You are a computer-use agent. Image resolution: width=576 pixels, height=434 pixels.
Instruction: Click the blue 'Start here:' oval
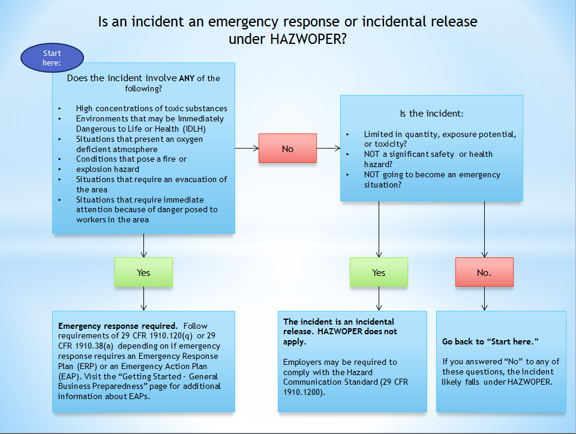(52, 58)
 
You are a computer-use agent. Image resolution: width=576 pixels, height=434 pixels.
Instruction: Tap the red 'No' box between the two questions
(287, 148)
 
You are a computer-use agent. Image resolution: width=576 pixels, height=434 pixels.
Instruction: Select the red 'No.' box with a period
(484, 272)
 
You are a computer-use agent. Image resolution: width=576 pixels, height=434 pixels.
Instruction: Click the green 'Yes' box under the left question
(143, 272)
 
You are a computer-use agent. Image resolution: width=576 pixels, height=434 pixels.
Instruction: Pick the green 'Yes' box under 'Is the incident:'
(379, 272)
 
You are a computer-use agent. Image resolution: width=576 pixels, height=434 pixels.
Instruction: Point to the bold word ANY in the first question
(186, 78)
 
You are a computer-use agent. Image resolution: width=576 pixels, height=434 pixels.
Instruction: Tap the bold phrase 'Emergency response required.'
(118, 325)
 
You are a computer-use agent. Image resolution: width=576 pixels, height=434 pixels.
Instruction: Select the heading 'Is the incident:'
(431, 113)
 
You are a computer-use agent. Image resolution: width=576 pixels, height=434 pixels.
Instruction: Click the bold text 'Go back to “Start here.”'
(490, 341)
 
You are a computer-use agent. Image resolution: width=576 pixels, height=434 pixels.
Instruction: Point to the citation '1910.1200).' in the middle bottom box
(304, 392)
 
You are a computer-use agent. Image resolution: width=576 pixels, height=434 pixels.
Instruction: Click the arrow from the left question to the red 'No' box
(247, 148)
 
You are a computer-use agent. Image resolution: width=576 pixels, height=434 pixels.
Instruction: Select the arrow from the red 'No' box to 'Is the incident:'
(328, 148)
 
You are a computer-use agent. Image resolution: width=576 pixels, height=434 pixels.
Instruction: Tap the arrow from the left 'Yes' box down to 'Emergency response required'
(143, 298)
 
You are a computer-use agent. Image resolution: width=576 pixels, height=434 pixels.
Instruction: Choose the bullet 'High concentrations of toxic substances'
(151, 108)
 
